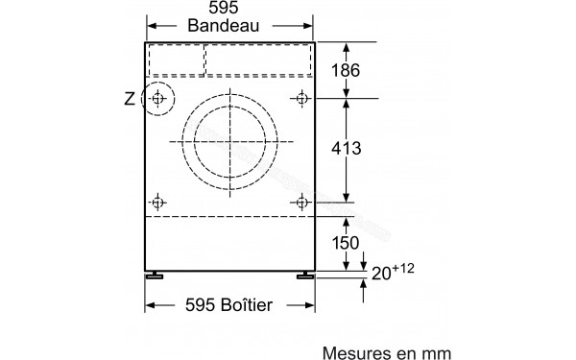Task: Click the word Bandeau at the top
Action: [230, 30]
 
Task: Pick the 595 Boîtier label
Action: [229, 305]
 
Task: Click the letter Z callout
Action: [131, 98]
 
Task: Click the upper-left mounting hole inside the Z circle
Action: [157, 98]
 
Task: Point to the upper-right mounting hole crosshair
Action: [302, 98]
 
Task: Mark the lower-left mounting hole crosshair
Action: [157, 202]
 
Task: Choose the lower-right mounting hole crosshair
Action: [302, 202]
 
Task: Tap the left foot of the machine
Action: [154, 276]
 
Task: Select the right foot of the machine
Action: [306, 276]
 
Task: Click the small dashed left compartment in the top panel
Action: [176, 60]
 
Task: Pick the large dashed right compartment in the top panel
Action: [258, 60]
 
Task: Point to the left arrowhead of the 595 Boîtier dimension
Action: [149, 305]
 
